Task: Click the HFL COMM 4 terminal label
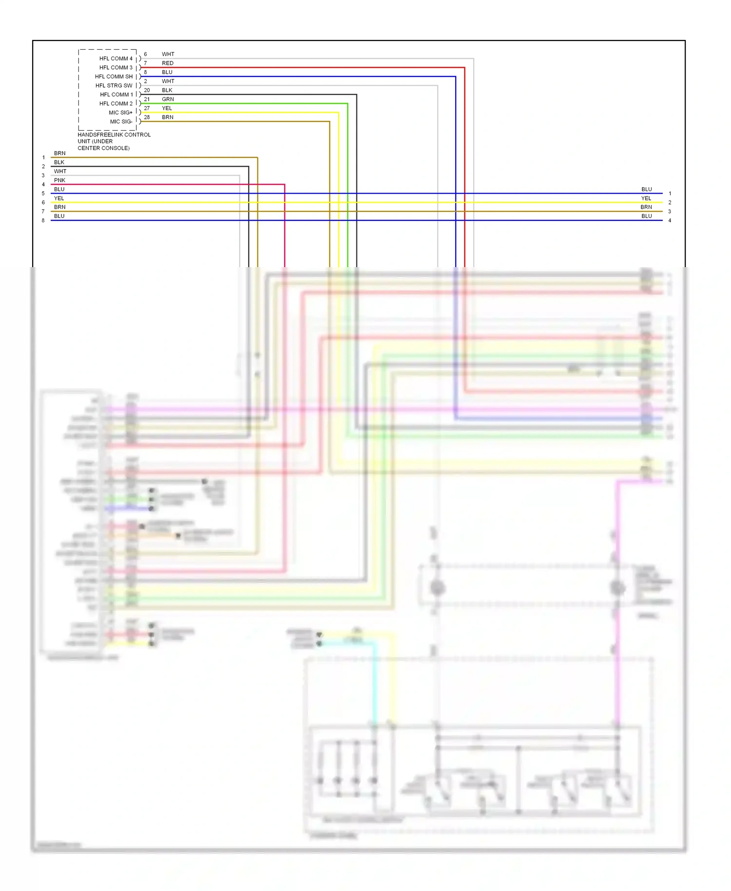click(115, 58)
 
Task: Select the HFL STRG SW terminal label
click(114, 86)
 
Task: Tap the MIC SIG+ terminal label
click(120, 113)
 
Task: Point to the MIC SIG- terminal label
click(121, 122)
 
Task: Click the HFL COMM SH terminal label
click(114, 77)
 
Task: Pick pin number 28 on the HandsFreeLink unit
click(147, 117)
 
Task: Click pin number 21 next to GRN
click(147, 99)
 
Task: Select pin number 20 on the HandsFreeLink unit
click(147, 90)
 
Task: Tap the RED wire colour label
click(168, 63)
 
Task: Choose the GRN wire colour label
click(168, 99)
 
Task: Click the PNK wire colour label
click(59, 180)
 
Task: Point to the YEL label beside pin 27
click(167, 108)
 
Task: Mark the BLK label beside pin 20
click(167, 90)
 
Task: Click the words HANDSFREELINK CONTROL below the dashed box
click(114, 135)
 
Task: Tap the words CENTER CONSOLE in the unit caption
click(103, 148)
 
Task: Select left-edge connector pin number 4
click(43, 185)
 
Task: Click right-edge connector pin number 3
click(670, 212)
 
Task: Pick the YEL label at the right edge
click(646, 198)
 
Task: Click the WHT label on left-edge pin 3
click(60, 172)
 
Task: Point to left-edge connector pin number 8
click(43, 221)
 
